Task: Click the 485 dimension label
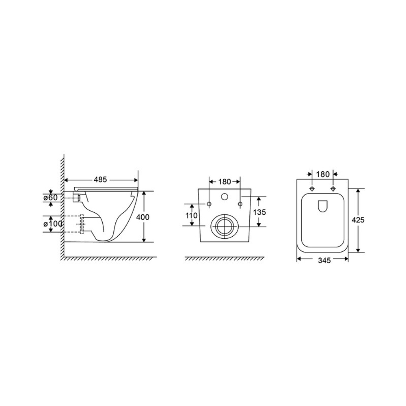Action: coord(100,179)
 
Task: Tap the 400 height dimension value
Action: coord(143,217)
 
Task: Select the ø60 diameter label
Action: coord(50,197)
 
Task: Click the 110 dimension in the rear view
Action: coord(192,215)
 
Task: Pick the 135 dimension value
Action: coord(259,212)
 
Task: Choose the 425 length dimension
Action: coord(358,220)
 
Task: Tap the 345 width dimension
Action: coord(324,260)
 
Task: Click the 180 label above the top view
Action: coord(323,174)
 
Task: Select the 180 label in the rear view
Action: coord(225,182)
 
